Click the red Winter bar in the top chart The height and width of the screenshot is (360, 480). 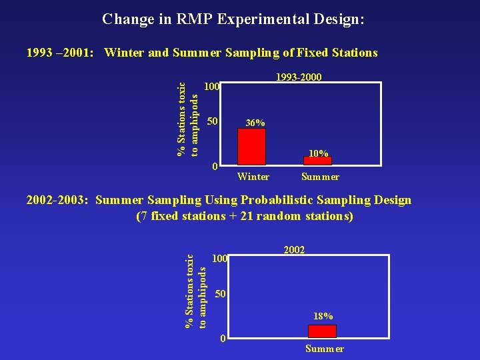pos(251,146)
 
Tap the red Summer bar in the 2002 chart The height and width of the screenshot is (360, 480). pos(323,331)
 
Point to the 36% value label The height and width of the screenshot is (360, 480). pos(255,123)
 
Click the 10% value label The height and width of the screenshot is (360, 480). pos(319,153)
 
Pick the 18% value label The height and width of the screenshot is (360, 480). pos(323,316)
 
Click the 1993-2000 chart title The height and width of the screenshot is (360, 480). pos(299,77)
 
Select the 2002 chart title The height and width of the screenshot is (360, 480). pos(294,250)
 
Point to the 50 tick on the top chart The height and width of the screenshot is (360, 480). pos(212,121)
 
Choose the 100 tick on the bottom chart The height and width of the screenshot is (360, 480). pos(220,258)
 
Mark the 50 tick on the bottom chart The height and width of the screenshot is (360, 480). pos(223,294)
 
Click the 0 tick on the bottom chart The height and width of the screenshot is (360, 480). pos(223,339)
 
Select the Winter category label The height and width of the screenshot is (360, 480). pos(253,177)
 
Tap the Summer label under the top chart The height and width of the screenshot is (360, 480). pos(320,177)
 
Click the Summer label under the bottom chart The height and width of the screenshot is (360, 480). pos(325,349)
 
